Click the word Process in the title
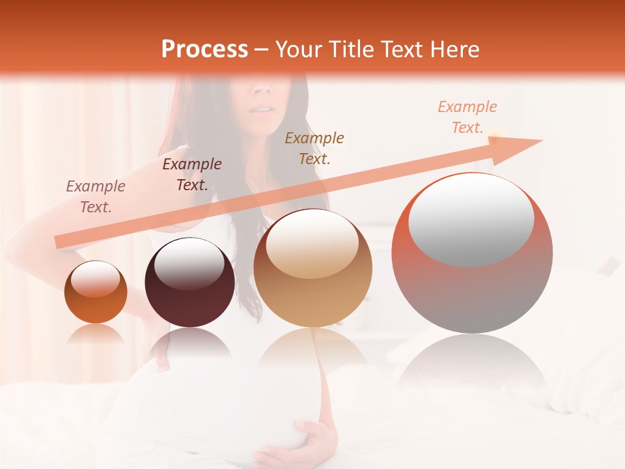(204, 50)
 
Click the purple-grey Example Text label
(96, 196)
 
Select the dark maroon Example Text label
(191, 174)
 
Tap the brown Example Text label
(314, 148)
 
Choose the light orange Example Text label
(467, 117)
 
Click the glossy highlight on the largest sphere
(471, 219)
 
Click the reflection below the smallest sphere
(96, 335)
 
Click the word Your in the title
(296, 50)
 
